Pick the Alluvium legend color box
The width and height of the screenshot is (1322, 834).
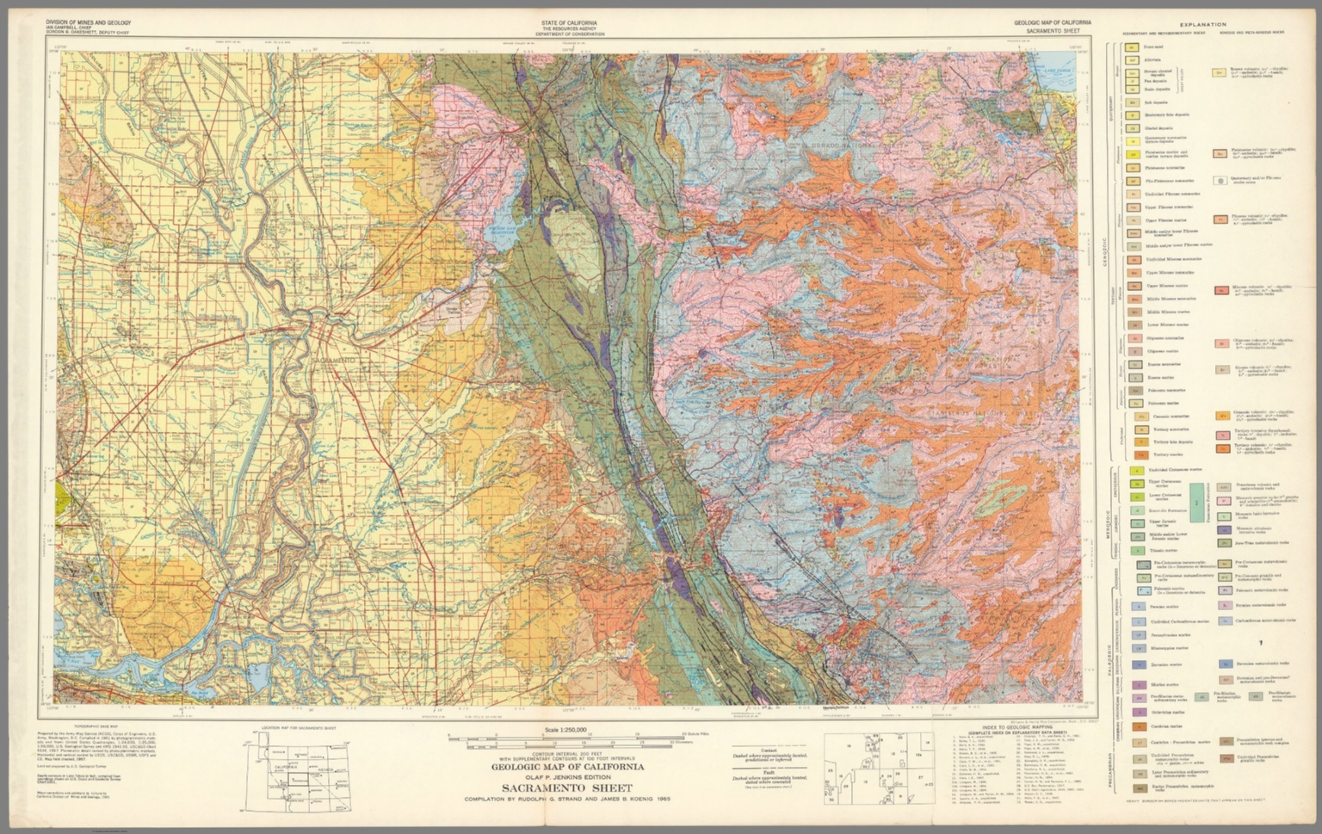pos(1134,60)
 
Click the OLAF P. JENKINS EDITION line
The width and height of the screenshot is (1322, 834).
pos(567,776)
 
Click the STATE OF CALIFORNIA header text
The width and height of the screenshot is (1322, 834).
pos(569,22)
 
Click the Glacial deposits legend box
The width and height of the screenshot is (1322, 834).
pos(1134,127)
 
